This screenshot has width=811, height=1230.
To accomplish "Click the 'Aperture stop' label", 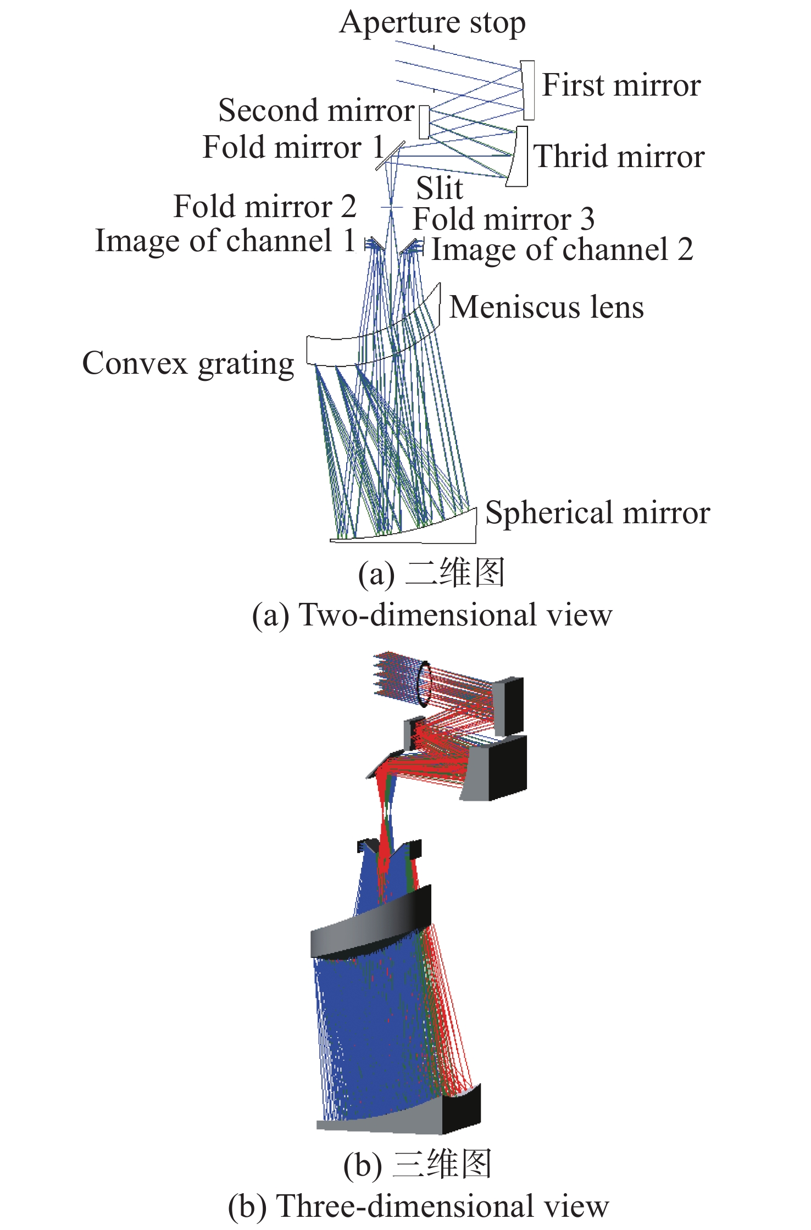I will click(x=432, y=24).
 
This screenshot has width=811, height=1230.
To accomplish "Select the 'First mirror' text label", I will click(x=621, y=86).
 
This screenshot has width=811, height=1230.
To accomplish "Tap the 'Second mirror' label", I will click(x=316, y=111).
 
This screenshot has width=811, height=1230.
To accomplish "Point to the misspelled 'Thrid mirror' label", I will click(x=619, y=157).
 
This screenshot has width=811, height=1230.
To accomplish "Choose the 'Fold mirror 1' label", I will click(x=293, y=148).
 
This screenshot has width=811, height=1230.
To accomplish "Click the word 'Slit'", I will click(x=440, y=189).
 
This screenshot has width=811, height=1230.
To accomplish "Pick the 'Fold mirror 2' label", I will click(x=265, y=207).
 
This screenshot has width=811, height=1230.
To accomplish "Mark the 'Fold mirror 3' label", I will click(x=503, y=219).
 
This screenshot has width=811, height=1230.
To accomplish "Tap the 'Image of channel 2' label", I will click(x=562, y=250).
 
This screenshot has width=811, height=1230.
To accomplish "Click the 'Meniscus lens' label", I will click(x=546, y=307).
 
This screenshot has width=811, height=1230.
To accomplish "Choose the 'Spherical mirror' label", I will click(x=597, y=513).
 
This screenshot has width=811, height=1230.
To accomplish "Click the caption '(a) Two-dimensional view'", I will click(x=432, y=615).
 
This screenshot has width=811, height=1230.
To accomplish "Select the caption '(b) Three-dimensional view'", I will click(x=418, y=1206).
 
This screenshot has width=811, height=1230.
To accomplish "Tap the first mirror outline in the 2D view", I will click(x=528, y=90).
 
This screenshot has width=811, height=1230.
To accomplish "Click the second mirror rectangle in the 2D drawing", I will click(x=424, y=123).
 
